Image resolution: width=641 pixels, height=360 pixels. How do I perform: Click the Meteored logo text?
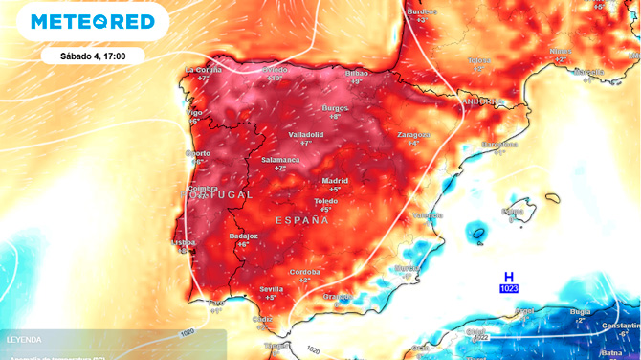point(92,21)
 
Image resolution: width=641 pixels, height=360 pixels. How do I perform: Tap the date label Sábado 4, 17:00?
point(93,56)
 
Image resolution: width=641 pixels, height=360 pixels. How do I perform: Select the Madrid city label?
point(335,180)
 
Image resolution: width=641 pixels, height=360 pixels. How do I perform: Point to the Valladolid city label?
point(306,135)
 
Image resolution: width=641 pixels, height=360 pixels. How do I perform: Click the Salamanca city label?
point(280,160)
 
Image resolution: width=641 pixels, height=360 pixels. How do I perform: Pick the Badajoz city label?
point(243,236)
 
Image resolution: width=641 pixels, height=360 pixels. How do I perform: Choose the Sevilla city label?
point(271,289)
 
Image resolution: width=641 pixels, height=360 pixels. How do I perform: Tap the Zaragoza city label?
point(413,135)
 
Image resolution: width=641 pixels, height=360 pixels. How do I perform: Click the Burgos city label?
point(335,108)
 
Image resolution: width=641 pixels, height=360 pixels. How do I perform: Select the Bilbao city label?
point(357,73)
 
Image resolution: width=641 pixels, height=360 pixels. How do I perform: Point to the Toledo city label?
point(326,201)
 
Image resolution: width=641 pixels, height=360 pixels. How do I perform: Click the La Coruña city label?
point(203,70)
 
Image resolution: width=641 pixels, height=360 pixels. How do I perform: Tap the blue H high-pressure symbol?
point(509,277)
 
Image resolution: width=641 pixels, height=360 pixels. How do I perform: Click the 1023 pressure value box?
point(509,288)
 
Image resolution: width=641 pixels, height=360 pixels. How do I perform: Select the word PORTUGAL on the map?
point(218,194)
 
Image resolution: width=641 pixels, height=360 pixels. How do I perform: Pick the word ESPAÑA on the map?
point(302,220)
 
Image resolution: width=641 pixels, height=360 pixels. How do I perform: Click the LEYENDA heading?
point(24,340)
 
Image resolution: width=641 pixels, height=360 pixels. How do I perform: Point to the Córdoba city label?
point(305,272)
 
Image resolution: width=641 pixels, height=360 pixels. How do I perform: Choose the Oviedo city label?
point(276,70)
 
